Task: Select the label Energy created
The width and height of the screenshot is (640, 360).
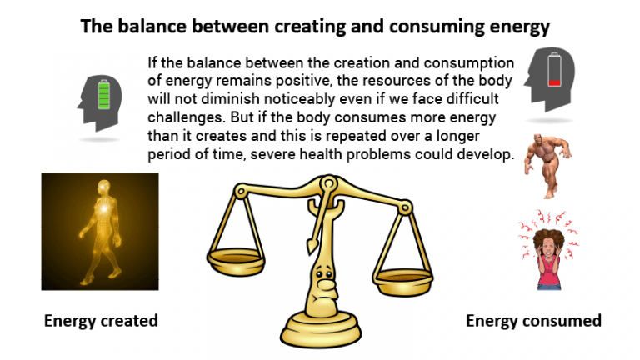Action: click(x=101, y=321)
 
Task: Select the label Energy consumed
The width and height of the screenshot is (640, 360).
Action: click(x=533, y=321)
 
